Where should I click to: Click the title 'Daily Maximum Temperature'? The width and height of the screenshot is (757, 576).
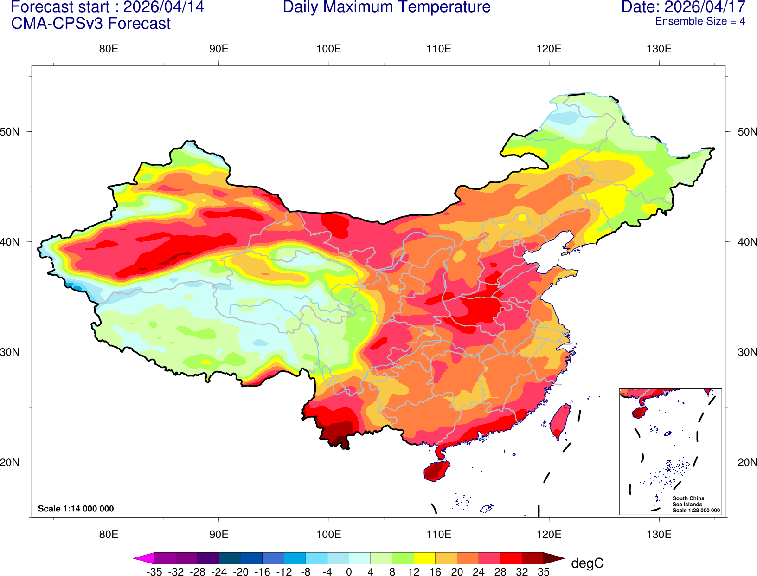(x=386, y=7)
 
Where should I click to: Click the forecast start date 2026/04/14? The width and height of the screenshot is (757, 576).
(x=163, y=7)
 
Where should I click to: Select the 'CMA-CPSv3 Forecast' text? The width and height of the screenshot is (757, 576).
(x=91, y=24)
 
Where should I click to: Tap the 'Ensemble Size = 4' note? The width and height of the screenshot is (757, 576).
(x=699, y=21)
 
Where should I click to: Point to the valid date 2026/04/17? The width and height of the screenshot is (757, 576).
(x=705, y=7)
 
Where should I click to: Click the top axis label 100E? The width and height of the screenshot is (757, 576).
(x=328, y=49)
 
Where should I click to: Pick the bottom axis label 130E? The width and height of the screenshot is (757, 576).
(x=659, y=534)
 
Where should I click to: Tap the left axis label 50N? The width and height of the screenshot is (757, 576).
(x=10, y=132)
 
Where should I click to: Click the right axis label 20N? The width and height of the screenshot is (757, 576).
(x=747, y=462)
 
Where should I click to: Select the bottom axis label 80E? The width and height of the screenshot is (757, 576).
(x=109, y=534)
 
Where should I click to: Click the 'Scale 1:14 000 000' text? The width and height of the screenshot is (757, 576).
(x=76, y=509)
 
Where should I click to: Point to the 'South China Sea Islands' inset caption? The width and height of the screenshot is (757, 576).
(x=688, y=501)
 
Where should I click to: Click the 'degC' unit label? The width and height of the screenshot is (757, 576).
(x=587, y=563)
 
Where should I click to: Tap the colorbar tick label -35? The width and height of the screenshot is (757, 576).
(x=154, y=572)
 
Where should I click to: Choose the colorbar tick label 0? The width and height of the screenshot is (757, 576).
(x=349, y=572)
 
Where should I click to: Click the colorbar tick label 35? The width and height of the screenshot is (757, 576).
(x=544, y=572)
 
